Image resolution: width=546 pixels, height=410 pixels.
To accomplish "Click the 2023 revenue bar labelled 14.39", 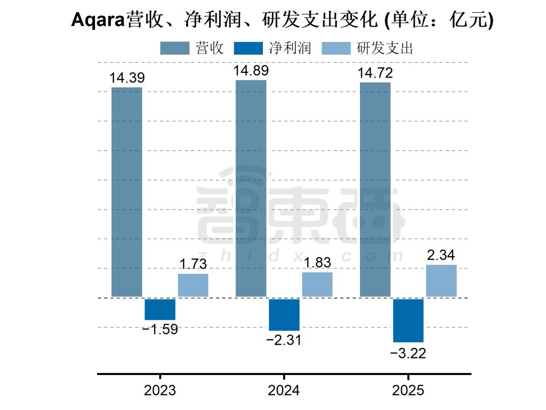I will click(126, 192).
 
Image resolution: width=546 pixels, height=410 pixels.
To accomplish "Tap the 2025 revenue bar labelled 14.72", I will click(375, 189).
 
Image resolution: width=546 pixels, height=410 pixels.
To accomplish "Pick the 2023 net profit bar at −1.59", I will click(160, 309).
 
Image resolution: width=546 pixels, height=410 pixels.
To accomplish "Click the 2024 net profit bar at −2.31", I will click(284, 314).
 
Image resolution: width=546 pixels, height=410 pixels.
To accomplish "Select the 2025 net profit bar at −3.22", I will click(408, 320).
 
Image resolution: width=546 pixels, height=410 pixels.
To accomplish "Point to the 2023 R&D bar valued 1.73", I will click(193, 285).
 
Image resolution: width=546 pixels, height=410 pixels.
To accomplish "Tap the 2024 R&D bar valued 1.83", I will click(317, 284).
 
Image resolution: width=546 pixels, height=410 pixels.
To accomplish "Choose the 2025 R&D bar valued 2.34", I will click(441, 280).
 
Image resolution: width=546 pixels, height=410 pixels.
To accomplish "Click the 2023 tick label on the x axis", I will click(160, 391).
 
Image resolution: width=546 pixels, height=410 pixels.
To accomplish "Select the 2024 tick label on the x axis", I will click(284, 391).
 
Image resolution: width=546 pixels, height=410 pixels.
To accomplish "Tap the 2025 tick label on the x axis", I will click(408, 391).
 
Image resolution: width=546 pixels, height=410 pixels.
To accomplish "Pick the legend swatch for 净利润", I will click(249, 48).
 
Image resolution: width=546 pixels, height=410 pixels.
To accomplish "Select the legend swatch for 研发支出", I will click(336, 48).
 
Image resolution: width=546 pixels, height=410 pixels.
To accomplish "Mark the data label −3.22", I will click(408, 353).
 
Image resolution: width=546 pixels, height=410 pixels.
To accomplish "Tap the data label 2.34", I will click(441, 256).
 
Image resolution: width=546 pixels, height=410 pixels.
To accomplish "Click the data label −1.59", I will click(160, 330).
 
